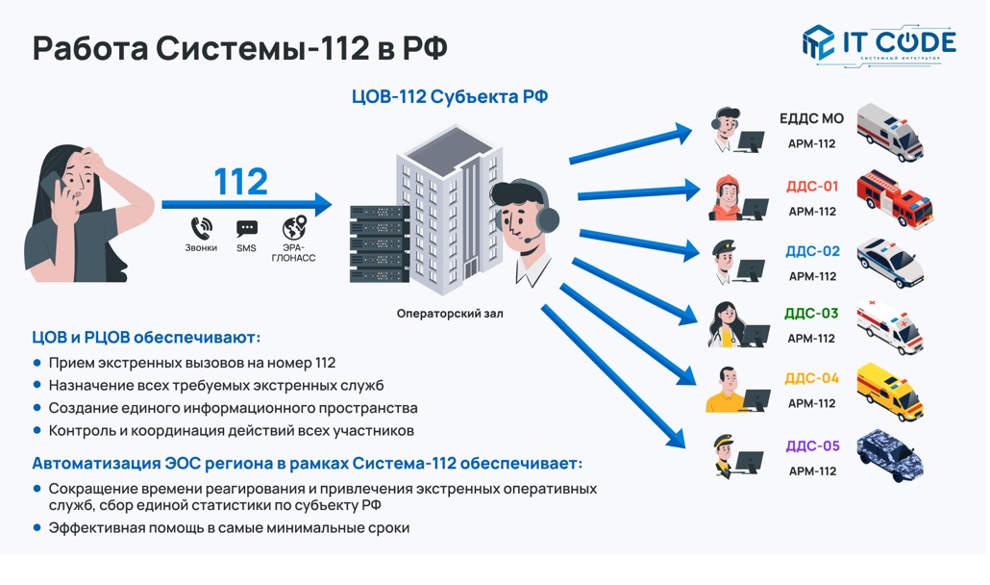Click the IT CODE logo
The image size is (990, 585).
879,44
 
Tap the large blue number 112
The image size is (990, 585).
240,181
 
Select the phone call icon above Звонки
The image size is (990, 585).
202,228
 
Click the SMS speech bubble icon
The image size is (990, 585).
247,229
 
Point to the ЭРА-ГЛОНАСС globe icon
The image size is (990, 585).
294,228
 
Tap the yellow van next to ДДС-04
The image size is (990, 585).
890,391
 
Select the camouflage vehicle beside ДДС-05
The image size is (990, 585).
890,455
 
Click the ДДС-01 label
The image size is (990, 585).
812,187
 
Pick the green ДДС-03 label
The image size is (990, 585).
812,314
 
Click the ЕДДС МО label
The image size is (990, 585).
812,118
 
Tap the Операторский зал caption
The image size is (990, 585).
450,314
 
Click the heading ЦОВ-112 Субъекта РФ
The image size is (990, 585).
450,96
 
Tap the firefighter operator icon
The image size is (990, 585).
727,198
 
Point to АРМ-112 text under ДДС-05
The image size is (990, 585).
812,471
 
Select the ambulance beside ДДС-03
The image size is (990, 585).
890,326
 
